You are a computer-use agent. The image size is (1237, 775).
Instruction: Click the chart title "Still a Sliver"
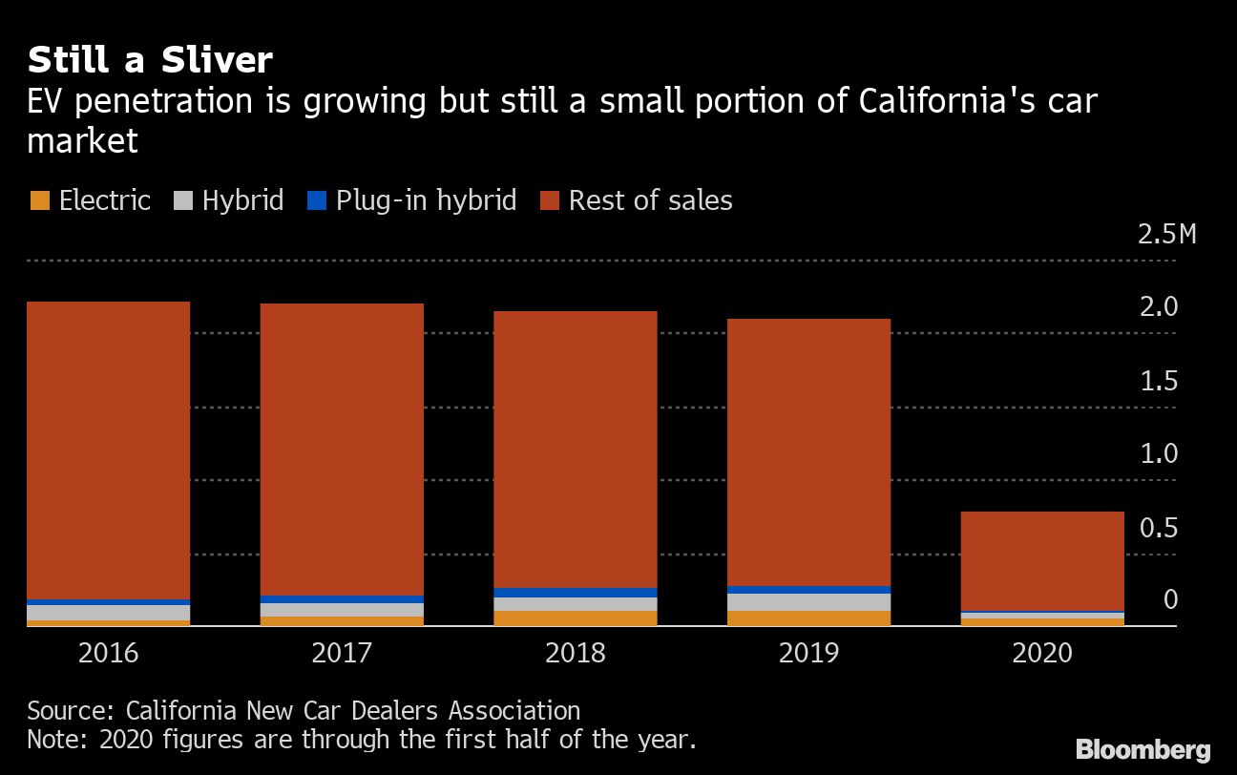click(150, 61)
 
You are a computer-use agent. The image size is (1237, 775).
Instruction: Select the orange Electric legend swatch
click(39, 201)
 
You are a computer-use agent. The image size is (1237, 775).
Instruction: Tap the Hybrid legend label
click(242, 200)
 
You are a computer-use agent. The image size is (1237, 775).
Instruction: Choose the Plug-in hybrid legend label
click(426, 200)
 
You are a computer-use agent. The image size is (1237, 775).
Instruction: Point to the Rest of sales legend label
click(650, 200)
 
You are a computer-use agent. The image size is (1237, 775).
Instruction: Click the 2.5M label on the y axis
click(1166, 235)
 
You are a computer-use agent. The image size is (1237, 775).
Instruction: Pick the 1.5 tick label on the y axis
click(1159, 382)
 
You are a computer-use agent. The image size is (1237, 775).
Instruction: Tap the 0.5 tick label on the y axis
click(1159, 528)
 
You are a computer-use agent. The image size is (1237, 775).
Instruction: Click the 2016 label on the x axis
click(108, 654)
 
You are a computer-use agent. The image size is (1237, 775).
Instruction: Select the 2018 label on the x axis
click(575, 654)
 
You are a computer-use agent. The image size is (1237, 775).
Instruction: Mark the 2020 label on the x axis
click(1041, 654)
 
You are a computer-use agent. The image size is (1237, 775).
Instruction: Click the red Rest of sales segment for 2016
click(108, 449)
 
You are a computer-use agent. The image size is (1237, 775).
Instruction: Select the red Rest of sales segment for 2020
click(1041, 561)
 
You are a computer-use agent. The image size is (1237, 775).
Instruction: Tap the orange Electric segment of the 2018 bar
click(575, 618)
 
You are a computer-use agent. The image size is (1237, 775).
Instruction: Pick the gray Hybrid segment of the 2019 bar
click(808, 602)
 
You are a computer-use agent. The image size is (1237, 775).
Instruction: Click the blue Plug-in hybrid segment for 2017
click(342, 599)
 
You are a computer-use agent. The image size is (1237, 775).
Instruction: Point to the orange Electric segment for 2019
click(808, 618)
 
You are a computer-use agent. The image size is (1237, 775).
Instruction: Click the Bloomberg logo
click(1143, 750)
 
